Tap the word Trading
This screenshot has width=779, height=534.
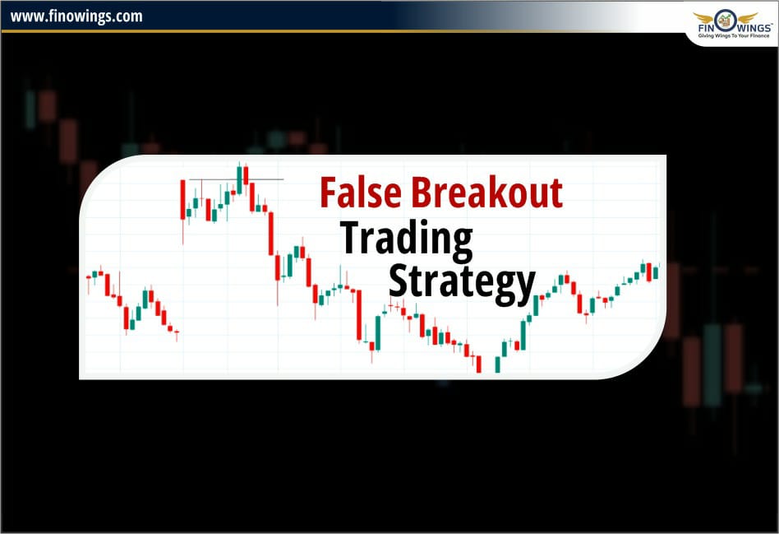407,238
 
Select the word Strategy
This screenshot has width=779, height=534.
461,281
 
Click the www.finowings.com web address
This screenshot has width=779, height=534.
76,16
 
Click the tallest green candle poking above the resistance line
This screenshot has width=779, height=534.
239,179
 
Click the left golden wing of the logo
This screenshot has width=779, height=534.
705,16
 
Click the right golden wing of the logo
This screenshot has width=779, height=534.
747,16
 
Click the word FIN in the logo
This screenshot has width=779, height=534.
708,29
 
